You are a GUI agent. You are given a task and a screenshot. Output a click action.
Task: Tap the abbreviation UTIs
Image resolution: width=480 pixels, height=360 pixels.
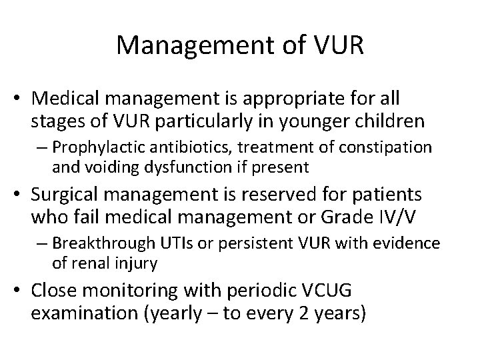click(x=173, y=244)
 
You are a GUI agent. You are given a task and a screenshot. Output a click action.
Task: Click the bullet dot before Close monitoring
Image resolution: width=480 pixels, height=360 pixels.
click(x=21, y=292)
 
